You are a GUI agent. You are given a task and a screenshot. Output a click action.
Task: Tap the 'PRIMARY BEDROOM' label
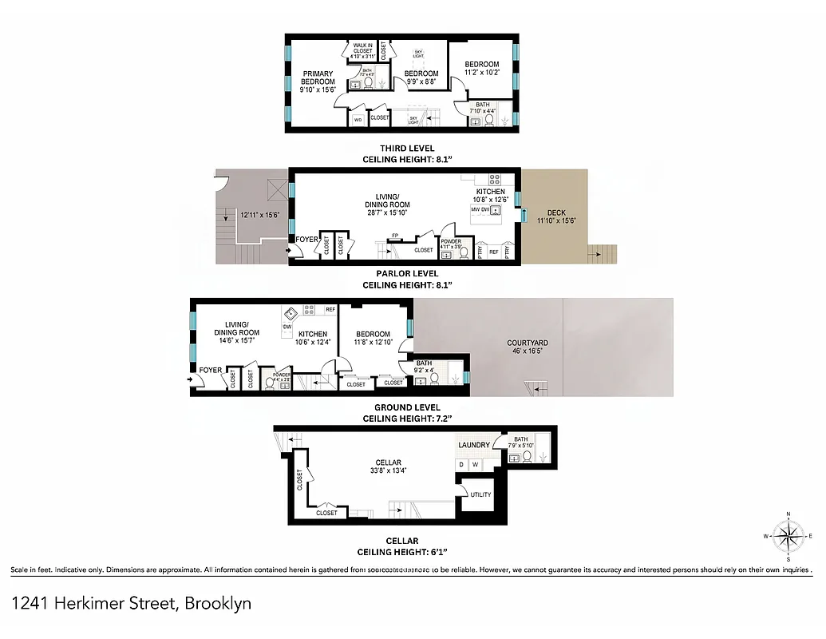(317, 77)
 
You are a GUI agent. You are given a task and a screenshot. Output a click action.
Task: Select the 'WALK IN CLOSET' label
(363, 47)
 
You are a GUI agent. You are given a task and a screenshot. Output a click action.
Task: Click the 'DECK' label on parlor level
(556, 212)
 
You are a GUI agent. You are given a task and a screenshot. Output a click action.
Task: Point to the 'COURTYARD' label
(528, 343)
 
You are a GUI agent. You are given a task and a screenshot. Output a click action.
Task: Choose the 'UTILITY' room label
(481, 494)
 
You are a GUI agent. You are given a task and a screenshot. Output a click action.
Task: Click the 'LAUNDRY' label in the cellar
(473, 445)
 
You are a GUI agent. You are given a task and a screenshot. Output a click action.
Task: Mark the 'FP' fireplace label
(394, 236)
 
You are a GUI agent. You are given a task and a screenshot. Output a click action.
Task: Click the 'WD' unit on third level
(358, 119)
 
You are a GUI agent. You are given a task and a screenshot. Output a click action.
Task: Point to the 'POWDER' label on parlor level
(451, 241)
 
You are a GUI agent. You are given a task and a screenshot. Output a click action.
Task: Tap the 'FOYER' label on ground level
(211, 370)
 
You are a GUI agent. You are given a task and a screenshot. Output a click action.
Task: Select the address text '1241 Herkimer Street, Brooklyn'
(132, 603)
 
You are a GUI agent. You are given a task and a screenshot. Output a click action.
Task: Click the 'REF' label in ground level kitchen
(330, 308)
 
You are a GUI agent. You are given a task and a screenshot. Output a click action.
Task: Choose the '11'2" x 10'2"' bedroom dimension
(482, 73)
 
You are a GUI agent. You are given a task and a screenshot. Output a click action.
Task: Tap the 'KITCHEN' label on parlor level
(491, 192)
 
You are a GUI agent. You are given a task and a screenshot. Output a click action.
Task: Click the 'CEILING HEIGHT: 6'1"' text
(402, 552)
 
